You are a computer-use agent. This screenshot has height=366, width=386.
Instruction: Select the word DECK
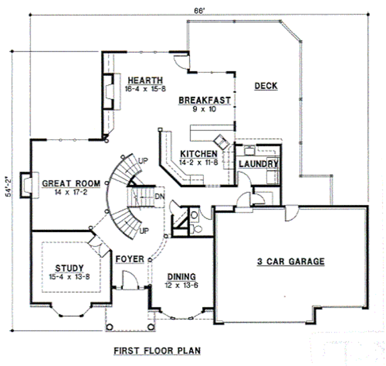(266, 86)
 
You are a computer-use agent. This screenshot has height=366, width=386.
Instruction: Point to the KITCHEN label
(198, 153)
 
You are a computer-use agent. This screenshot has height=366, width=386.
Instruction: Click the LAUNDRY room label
(258, 164)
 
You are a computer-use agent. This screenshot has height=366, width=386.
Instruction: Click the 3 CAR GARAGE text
(290, 262)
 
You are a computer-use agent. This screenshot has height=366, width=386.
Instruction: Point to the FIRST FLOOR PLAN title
(157, 351)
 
